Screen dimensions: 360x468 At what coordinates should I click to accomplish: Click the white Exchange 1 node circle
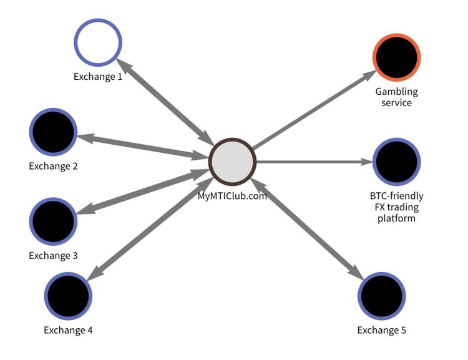pyautogui.click(x=98, y=43)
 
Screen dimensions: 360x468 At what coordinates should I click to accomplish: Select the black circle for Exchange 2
pyautogui.click(x=53, y=132)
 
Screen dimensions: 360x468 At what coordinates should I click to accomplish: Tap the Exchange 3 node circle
pyautogui.click(x=53, y=221)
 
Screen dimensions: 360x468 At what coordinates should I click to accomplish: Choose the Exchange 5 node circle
pyautogui.click(x=381, y=296)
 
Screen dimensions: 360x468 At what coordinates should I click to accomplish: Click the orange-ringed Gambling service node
pyautogui.click(x=396, y=57)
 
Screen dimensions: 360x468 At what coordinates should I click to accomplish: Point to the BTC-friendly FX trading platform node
pyautogui.click(x=396, y=162)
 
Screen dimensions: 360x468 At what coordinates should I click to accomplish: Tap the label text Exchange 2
pyautogui.click(x=53, y=167)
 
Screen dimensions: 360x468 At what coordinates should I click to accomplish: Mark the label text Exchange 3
pyautogui.click(x=53, y=256)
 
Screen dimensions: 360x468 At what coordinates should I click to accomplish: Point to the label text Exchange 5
pyautogui.click(x=381, y=330)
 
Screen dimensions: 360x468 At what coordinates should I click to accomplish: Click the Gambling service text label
pyautogui.click(x=396, y=97)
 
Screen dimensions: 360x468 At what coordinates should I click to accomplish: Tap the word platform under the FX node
pyautogui.click(x=396, y=218)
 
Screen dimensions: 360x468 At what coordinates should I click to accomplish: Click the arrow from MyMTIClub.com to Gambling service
pyautogui.click(x=312, y=109)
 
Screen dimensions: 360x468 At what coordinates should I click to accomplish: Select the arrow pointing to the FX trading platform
pyautogui.click(x=312, y=162)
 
